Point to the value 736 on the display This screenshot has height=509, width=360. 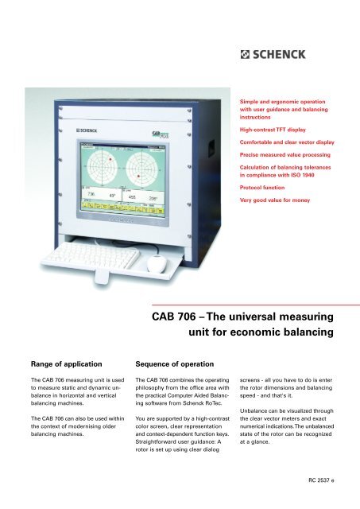(92, 194)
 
